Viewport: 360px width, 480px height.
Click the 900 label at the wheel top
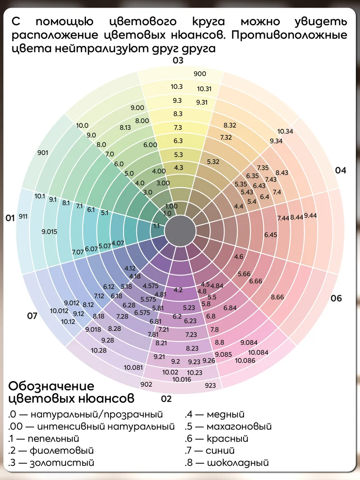point(200,74)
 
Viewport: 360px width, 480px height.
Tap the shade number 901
point(42,152)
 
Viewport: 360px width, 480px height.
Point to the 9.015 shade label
point(49,232)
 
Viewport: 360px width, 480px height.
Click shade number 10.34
point(285,131)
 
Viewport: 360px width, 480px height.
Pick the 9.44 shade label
point(310,216)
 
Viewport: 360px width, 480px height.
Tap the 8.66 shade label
point(277,297)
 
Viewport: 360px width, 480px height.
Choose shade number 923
point(210,386)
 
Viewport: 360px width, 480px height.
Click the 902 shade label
point(146,384)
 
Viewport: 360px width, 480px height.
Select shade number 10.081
point(133,367)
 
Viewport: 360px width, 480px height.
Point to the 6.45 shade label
point(270,235)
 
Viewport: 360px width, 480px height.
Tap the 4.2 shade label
point(178,290)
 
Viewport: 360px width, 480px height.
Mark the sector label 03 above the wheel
point(178,61)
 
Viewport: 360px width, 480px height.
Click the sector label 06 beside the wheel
point(336,298)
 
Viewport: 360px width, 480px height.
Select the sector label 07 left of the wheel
point(32,316)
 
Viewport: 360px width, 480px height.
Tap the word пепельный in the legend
point(54,439)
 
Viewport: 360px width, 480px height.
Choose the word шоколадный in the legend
point(237,463)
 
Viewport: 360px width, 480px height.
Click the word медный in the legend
point(226,414)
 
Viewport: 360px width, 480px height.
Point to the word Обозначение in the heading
point(51,386)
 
